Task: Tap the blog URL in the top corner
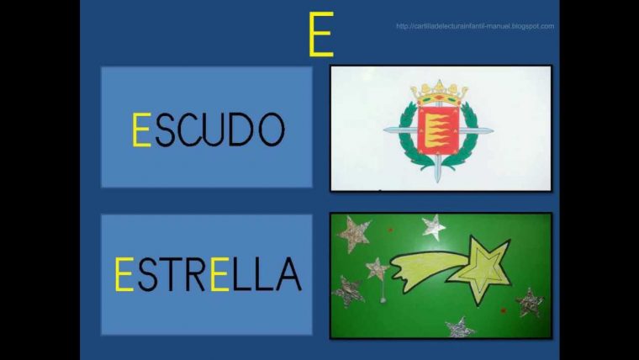475,26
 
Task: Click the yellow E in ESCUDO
141,130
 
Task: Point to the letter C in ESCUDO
189,130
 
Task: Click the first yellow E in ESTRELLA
124,274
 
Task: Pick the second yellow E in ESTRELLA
219,274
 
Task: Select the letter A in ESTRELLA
287,274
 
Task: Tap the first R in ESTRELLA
194,274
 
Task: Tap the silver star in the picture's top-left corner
354,234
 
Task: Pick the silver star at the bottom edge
458,327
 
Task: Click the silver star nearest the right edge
529,301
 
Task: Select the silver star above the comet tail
433,226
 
